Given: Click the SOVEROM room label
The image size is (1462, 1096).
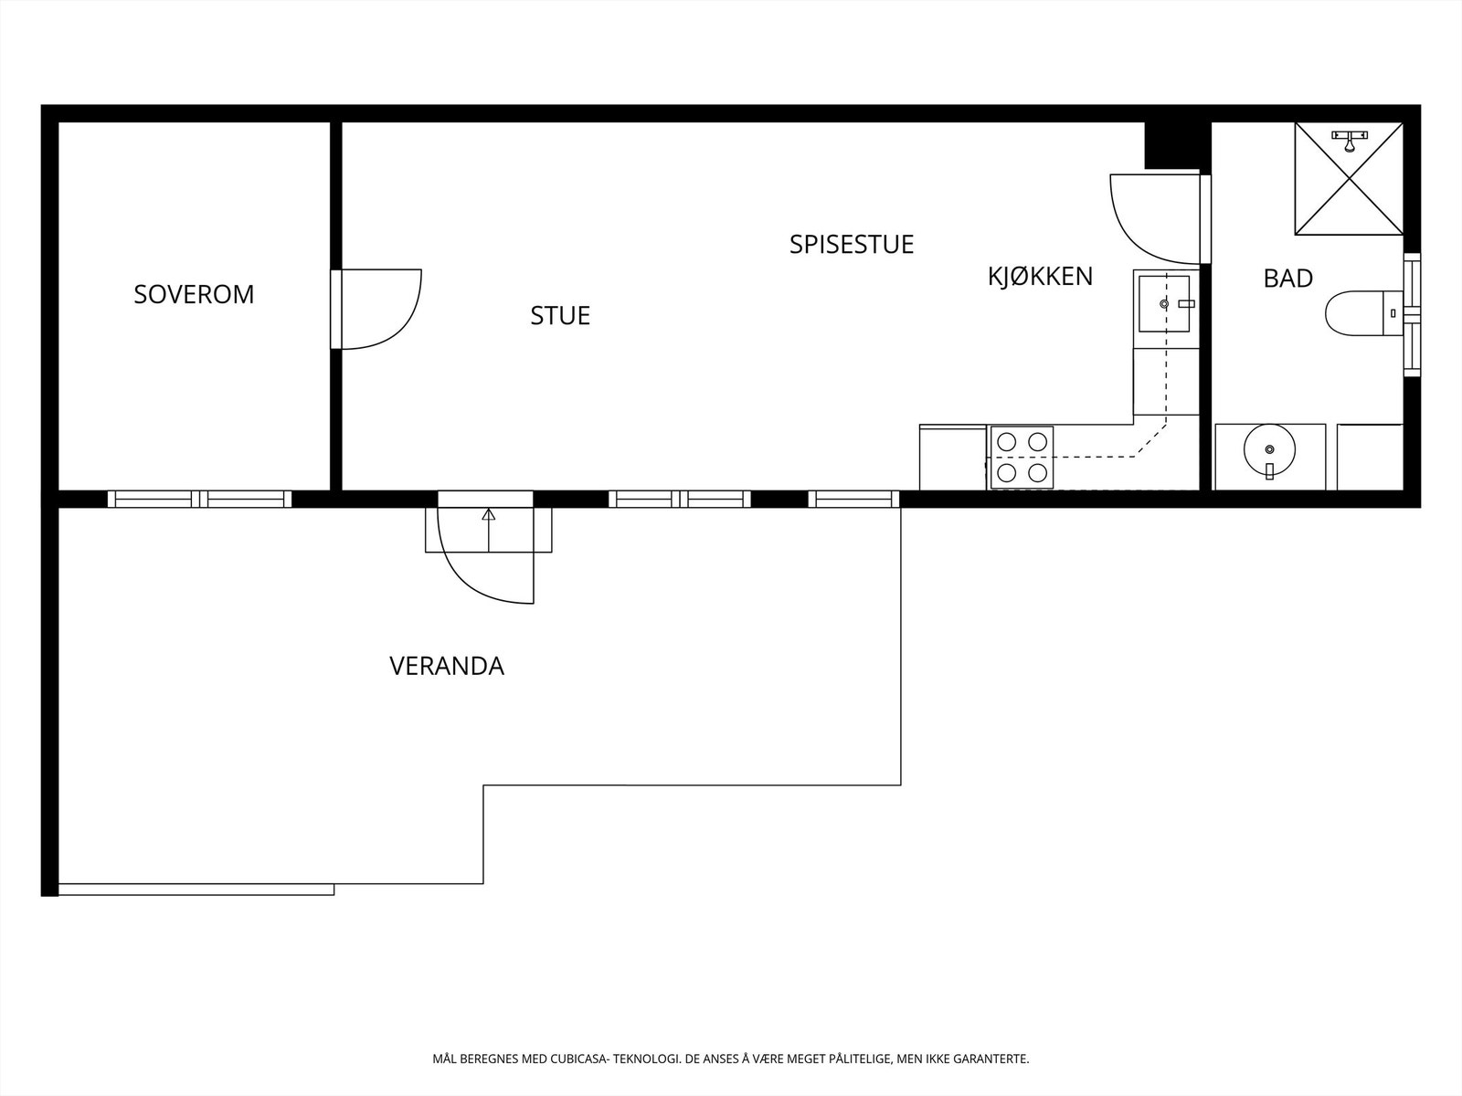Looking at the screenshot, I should click(x=194, y=294).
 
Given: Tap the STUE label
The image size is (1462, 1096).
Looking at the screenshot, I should click(x=560, y=315).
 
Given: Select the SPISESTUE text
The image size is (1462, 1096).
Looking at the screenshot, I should click(x=852, y=244).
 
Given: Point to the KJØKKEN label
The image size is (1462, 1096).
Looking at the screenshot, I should click(x=1040, y=276).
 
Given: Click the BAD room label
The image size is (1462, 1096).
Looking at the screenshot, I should click(x=1287, y=278).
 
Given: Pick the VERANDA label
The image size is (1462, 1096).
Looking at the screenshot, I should click(x=447, y=666).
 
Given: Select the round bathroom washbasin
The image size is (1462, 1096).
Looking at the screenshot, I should click(x=1268, y=449).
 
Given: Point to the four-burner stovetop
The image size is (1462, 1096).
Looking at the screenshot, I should click(x=1022, y=457).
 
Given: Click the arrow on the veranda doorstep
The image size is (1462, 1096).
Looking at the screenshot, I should click(x=489, y=516).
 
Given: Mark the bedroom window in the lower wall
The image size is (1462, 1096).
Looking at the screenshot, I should click(x=199, y=499).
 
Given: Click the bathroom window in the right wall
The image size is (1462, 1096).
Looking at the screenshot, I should click(x=1412, y=314).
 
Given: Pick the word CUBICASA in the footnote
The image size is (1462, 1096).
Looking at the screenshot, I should click(x=579, y=1059).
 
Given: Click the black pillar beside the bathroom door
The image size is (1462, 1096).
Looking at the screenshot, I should click(x=1172, y=145).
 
